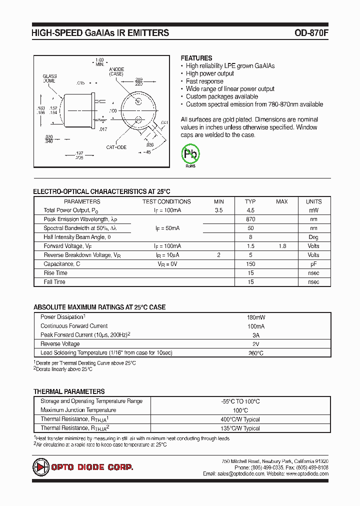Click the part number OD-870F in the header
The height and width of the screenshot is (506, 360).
[311, 33]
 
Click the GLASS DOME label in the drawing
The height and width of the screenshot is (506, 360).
[49, 78]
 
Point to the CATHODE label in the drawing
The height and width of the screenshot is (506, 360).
[116, 147]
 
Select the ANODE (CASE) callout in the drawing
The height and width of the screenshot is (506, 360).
[116, 71]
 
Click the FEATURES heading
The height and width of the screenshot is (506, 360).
[196, 58]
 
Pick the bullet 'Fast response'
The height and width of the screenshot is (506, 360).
[204, 81]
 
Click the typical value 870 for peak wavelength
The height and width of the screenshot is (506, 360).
[250, 219]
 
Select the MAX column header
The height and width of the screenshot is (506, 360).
[282, 201]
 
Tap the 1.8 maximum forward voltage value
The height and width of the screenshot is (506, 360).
[282, 246]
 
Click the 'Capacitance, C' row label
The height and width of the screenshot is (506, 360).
[62, 264]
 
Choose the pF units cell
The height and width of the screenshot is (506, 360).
[313, 264]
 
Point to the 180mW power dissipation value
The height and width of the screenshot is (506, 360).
[255, 317]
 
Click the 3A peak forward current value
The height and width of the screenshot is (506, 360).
[255, 335]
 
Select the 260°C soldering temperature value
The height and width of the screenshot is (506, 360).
[255, 353]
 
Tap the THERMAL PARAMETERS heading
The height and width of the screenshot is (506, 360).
[69, 391]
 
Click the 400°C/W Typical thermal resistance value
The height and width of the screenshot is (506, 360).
[240, 419]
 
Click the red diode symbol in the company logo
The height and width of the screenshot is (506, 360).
[40, 467]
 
